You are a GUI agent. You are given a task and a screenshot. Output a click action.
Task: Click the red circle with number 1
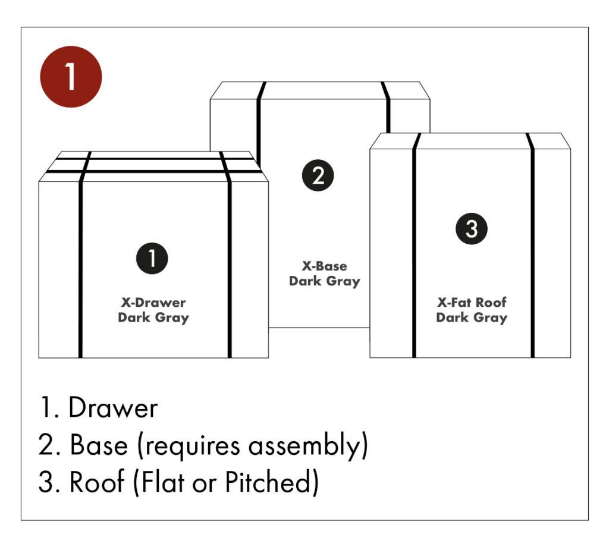pyautogui.click(x=71, y=77)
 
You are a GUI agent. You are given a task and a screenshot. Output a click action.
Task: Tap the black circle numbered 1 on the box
pyautogui.click(x=152, y=258)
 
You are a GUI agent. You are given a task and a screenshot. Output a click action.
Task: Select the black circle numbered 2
pyautogui.click(x=318, y=175)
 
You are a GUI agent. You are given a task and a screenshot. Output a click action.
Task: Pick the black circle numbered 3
pyautogui.click(x=472, y=229)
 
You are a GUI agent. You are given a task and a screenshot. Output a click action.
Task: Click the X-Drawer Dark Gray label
pyautogui.click(x=153, y=310)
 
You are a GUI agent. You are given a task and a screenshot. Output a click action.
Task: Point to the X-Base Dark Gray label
pyautogui.click(x=324, y=273)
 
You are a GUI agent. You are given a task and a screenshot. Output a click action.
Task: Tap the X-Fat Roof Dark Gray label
pyautogui.click(x=471, y=310)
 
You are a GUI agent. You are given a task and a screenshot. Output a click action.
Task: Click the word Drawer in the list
pyautogui.click(x=113, y=408)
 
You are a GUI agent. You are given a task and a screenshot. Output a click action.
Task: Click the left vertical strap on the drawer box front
pyautogui.click(x=80, y=268)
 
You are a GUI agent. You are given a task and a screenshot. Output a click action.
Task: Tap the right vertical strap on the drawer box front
pyautogui.click(x=229, y=268)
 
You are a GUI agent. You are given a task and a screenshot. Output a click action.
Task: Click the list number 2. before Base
pyautogui.click(x=49, y=446)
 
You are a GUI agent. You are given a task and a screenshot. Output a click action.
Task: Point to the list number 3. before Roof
pyautogui.click(x=49, y=483)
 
